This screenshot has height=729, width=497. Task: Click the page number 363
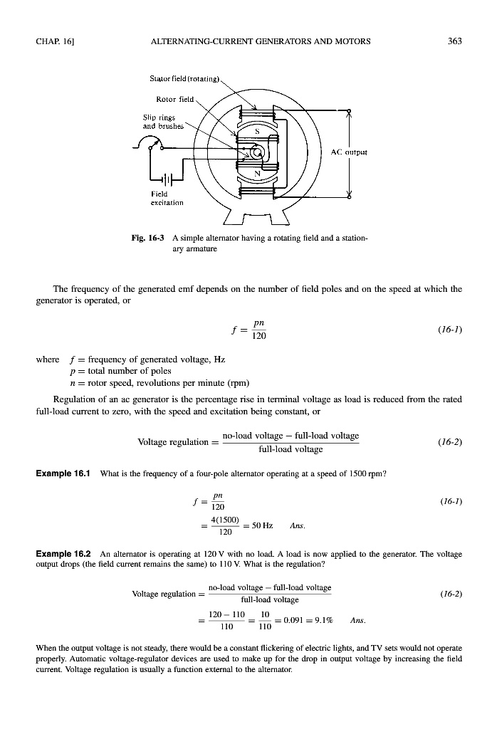[x=454, y=41]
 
